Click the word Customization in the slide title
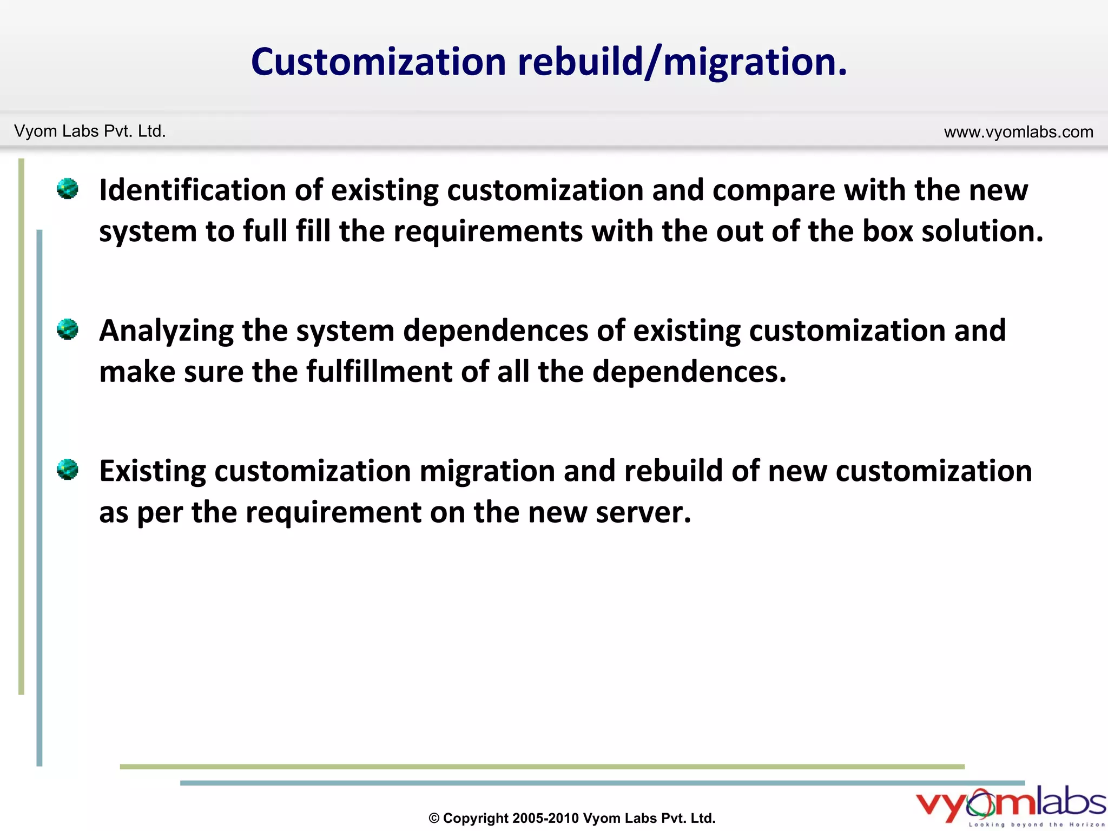378,62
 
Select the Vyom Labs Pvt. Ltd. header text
90,131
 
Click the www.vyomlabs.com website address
1018,131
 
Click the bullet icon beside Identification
68,189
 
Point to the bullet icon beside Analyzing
68,329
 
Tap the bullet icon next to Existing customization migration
68,469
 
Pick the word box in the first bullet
887,231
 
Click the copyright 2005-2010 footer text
572,818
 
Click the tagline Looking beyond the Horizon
1037,825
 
